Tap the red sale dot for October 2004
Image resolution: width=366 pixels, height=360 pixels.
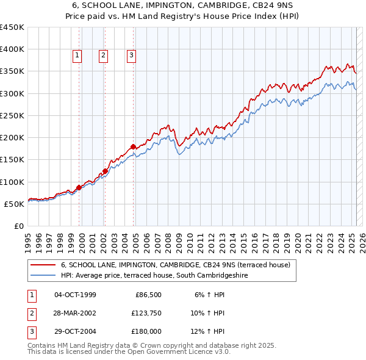(x=133, y=146)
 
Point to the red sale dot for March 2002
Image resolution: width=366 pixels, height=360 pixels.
(x=105, y=171)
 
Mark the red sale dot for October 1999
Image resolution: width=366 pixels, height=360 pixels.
(x=79, y=187)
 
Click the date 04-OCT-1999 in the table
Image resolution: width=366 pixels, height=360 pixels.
(x=75, y=295)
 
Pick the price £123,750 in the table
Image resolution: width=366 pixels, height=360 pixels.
(x=146, y=313)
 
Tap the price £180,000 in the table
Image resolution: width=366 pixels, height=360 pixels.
(x=146, y=331)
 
